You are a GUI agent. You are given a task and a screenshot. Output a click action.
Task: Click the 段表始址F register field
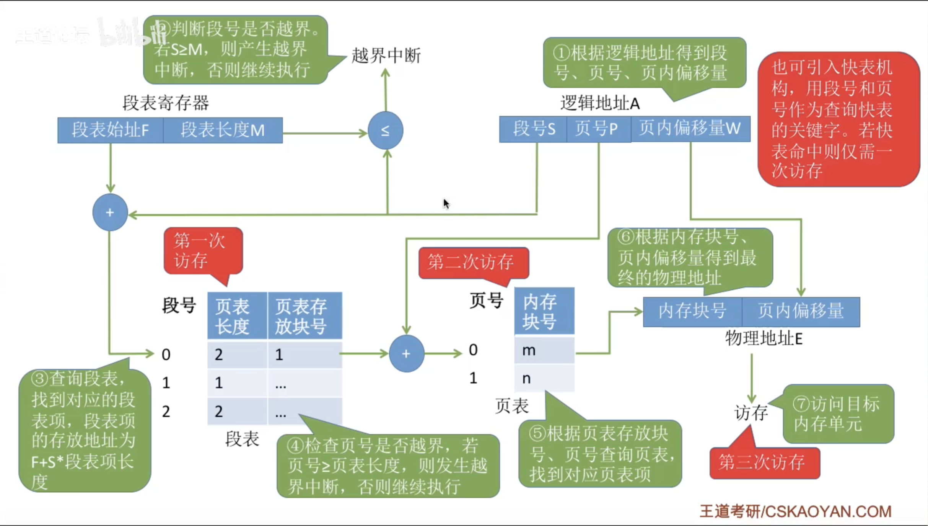tap(110, 130)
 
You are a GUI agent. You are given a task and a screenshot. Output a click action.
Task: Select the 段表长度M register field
tap(223, 130)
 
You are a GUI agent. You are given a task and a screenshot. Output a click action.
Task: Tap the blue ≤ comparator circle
tap(385, 131)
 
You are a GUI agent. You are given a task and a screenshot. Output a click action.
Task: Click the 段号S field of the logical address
tap(533, 129)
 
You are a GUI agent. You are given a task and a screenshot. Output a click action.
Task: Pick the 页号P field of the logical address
tap(598, 129)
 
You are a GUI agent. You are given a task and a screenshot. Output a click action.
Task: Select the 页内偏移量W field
tap(690, 129)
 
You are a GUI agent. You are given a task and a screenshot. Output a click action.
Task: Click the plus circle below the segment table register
tap(110, 212)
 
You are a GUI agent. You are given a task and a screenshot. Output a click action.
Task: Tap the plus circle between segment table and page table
tap(406, 353)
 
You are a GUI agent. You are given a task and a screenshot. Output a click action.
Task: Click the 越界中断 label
tap(386, 56)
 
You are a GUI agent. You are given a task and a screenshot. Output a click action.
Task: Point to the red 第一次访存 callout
tap(203, 251)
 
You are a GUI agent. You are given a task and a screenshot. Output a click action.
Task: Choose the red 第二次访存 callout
tap(473, 263)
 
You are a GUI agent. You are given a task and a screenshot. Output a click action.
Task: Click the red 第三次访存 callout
tap(764, 462)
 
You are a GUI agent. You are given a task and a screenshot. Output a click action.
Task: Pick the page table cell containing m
tap(544, 350)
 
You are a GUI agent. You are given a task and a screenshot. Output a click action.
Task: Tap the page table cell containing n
tap(544, 378)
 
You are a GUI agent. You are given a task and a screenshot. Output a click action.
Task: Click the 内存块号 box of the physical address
tap(692, 312)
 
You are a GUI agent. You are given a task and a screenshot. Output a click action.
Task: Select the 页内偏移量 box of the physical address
tap(801, 312)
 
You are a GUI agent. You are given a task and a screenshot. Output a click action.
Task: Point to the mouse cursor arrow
tap(446, 203)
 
